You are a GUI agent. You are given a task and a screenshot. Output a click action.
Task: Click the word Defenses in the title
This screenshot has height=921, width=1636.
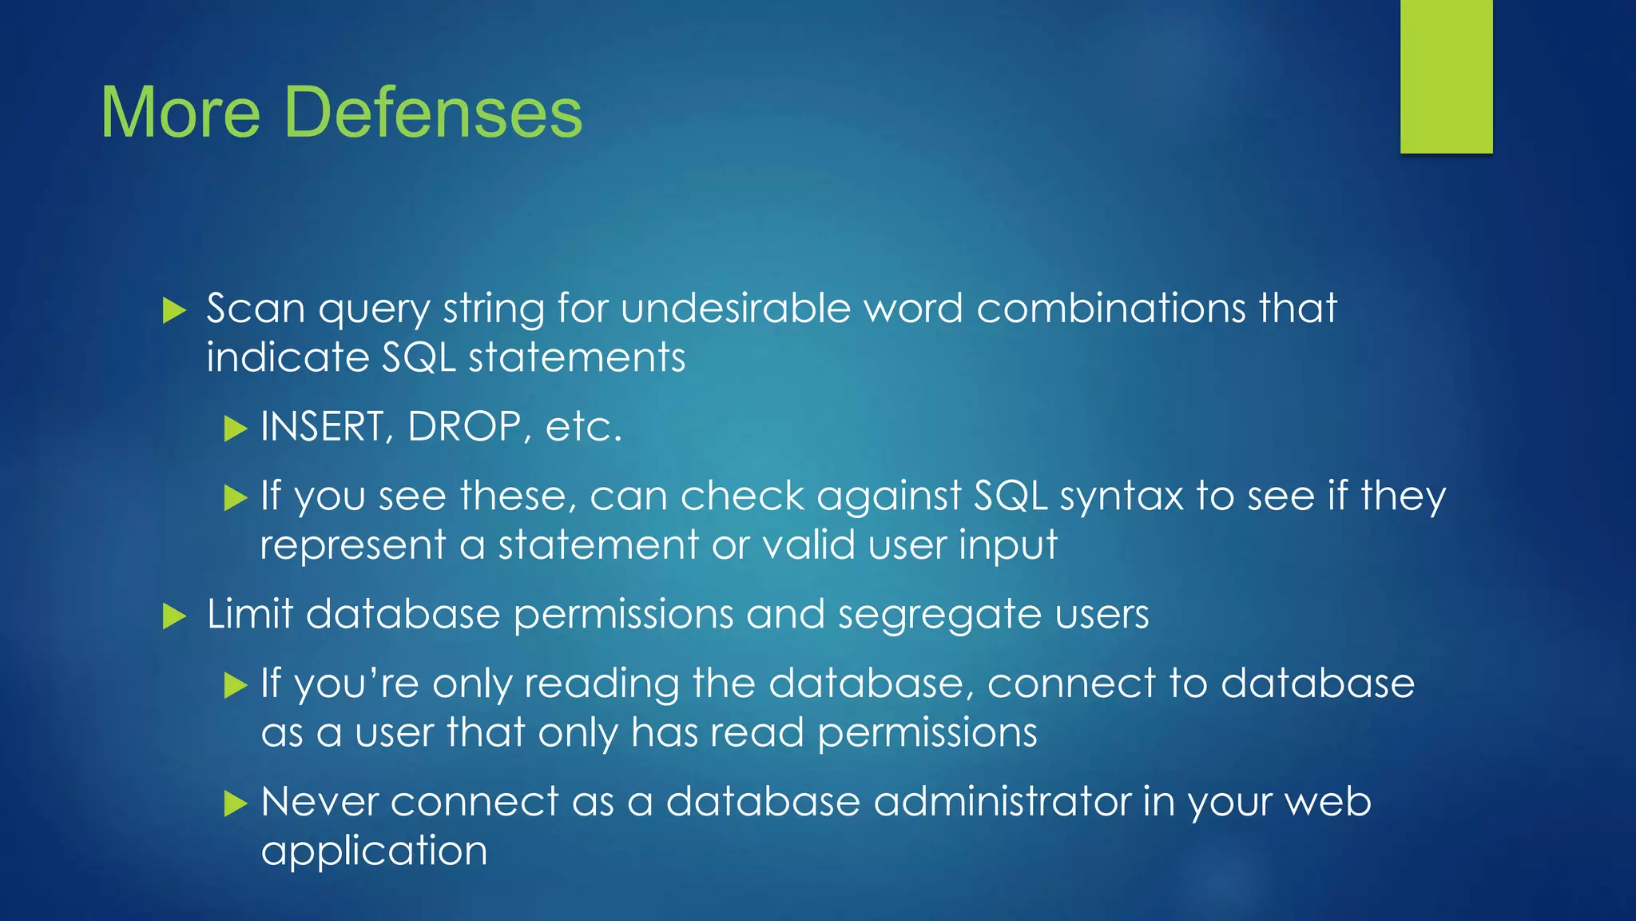click(x=433, y=112)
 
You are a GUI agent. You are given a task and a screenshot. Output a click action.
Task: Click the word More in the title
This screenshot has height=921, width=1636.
click(x=181, y=112)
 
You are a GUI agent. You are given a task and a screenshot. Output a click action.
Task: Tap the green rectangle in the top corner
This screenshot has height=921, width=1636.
click(x=1446, y=76)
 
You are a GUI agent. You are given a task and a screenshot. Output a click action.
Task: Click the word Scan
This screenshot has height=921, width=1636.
click(x=256, y=308)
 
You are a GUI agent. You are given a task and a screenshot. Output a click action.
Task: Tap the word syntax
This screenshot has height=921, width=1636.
click(x=1122, y=496)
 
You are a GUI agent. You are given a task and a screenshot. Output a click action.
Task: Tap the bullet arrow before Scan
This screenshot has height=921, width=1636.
click(x=174, y=310)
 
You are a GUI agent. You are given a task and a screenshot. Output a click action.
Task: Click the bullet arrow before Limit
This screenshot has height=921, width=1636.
click(x=174, y=616)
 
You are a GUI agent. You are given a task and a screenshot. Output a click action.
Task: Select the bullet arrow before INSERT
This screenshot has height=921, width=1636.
click(x=236, y=429)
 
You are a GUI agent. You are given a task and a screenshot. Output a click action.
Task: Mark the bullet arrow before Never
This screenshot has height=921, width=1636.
click(x=236, y=803)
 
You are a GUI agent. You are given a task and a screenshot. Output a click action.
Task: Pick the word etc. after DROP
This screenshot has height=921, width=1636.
click(x=582, y=428)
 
